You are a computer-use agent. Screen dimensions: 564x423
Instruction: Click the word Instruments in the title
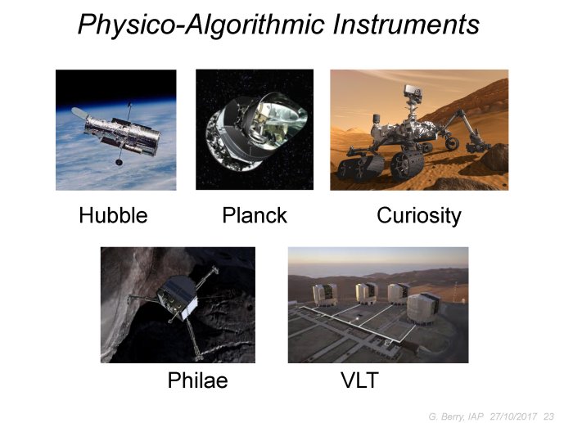pos(406,25)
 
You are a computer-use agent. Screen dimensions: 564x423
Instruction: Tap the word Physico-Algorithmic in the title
pos(201,25)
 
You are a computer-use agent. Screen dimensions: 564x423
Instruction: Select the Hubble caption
pos(113,215)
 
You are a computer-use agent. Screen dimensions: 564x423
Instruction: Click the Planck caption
pos(255,215)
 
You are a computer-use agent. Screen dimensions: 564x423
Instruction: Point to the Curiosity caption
pos(419,216)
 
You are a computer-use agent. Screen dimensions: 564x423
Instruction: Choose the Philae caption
pos(198,380)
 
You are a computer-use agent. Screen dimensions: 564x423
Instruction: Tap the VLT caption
pos(359,380)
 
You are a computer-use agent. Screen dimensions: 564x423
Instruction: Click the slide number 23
pos(548,416)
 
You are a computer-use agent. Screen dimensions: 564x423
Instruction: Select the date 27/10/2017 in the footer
pos(513,416)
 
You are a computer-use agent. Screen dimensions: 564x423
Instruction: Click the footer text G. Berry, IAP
pos(456,417)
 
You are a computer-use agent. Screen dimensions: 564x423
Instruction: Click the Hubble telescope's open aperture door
pos(79,113)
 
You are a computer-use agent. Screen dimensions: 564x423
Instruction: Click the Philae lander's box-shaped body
pos(178,299)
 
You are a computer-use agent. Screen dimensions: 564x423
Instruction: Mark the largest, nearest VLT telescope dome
pos(423,308)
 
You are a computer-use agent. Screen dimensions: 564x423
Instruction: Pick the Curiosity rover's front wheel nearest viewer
pos(407,166)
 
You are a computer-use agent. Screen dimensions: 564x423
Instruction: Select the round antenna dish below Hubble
pos(119,163)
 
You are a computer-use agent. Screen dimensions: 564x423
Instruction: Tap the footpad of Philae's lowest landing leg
pos(199,358)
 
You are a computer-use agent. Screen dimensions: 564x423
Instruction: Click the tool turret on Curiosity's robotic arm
pos(477,146)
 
